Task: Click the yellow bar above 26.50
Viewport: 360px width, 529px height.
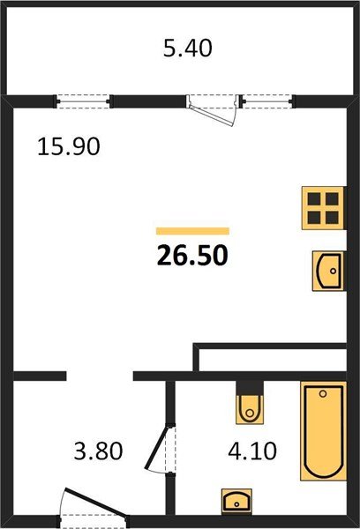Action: coord(192,230)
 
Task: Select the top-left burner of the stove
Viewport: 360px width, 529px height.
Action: coord(312,199)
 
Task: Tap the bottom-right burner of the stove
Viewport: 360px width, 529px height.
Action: coord(331,218)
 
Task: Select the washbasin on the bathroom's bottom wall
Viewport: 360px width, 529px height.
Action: coord(236,502)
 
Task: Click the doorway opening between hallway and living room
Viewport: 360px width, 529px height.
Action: coord(100,376)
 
